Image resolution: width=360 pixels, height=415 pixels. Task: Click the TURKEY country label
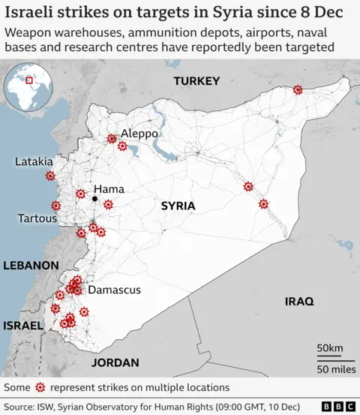pos(196,81)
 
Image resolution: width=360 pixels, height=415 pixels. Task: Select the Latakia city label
pos(34,161)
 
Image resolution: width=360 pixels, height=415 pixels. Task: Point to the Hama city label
pos(109,189)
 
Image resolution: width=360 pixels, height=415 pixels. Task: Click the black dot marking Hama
pos(94,199)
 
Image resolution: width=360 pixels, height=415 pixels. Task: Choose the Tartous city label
pos(37,218)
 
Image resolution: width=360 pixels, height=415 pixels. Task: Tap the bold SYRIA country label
pos(178,206)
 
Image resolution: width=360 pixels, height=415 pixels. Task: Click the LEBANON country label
pos(31,266)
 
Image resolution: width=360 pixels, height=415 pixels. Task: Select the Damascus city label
pos(114,290)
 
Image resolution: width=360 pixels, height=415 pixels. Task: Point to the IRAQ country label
pos(299,301)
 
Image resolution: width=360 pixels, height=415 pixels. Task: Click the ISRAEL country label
pos(23,326)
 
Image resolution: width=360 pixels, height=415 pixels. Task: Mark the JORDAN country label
pos(115,362)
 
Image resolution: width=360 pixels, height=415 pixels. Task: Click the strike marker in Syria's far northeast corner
pos(298,89)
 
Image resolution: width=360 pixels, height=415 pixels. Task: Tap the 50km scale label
pos(329,348)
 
